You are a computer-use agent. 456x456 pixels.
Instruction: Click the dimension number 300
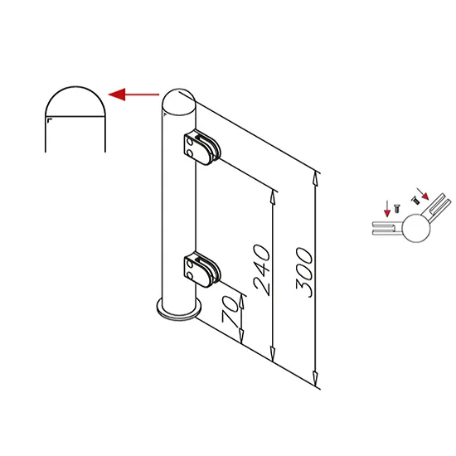pos(305,273)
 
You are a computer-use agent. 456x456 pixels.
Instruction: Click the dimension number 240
pos(262,270)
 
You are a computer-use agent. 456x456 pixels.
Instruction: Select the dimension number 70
pos(230,310)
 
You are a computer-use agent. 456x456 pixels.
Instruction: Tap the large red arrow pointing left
pos(133,95)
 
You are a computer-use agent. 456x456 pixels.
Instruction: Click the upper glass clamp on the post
pos(202,147)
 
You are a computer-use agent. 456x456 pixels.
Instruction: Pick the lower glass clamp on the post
pos(202,269)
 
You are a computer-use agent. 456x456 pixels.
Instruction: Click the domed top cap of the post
pos(179,101)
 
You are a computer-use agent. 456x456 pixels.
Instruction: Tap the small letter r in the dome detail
pos(49,120)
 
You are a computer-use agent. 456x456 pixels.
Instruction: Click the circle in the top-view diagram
pos(416,228)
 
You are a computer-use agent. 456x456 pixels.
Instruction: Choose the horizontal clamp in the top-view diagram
pos(387,228)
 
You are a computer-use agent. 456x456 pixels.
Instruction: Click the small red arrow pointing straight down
pos(387,208)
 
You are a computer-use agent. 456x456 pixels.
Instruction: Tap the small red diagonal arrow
pos(423,194)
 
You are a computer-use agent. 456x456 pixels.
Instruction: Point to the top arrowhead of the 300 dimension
pos(315,178)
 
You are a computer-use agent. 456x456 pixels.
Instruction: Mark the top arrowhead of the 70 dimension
pos(241,301)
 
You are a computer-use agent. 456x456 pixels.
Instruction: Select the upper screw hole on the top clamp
pos(190,142)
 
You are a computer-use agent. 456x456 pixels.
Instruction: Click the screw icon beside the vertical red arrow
pos(396,208)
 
